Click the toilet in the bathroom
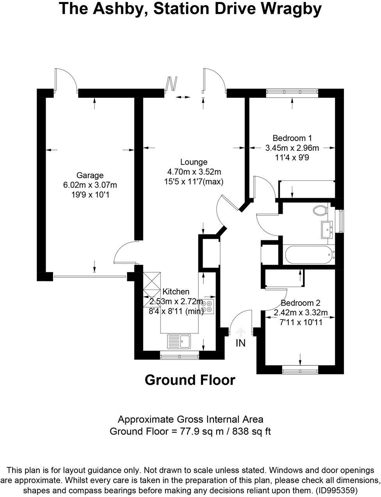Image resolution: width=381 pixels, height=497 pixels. [320, 210]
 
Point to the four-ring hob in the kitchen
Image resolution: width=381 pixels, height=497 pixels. [207, 306]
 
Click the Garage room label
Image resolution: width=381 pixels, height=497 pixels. [90, 175]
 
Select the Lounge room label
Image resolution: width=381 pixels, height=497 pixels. [194, 162]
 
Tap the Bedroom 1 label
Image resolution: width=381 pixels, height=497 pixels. [292, 138]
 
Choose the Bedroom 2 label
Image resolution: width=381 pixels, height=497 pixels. [300, 303]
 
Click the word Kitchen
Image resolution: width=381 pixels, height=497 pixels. [176, 291]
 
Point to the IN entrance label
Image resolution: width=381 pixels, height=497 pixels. [240, 343]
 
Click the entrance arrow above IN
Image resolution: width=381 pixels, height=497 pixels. [240, 332]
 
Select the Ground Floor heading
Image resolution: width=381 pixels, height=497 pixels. [190, 380]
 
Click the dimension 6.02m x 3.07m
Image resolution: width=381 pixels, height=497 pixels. [90, 185]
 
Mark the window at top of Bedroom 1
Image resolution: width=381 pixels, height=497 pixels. [292, 93]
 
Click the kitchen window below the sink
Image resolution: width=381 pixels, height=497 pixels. [180, 356]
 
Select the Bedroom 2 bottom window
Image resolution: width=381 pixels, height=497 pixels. [300, 370]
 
